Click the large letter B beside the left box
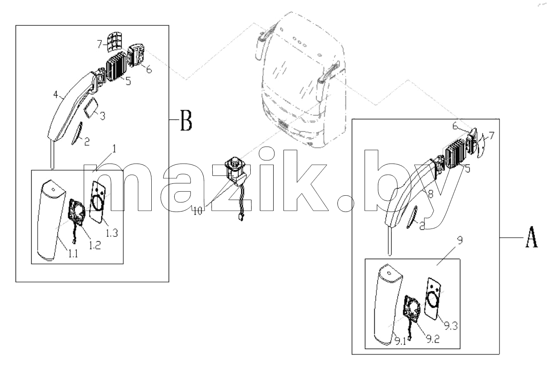[186, 120]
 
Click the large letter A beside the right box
[532, 237]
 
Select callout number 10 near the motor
[198, 211]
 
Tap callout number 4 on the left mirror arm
[56, 95]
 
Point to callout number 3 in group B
[103, 116]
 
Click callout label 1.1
[73, 254]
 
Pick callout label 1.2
[95, 245]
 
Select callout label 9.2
[433, 339]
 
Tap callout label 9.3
[451, 326]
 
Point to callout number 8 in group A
[431, 194]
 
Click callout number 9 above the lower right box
[460, 240]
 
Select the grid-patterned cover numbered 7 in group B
[114, 42]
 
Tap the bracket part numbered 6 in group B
[136, 55]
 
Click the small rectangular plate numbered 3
[91, 108]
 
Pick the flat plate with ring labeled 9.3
[433, 299]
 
